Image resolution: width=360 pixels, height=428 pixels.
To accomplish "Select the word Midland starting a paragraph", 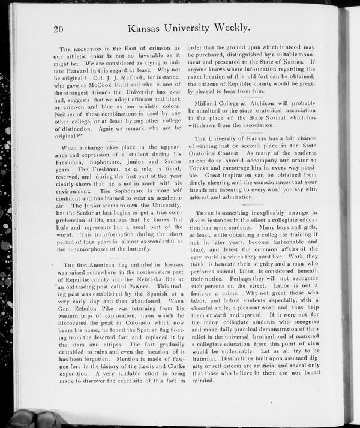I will pos(203,103).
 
